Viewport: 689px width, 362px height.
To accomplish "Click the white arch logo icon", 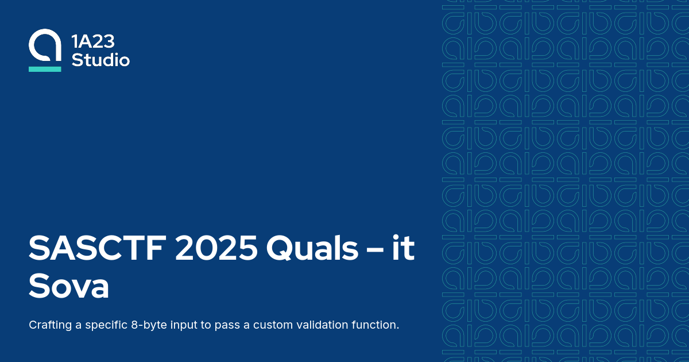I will pyautogui.click(x=45, y=47).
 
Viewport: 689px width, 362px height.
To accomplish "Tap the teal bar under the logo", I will pyautogui.click(x=45, y=69).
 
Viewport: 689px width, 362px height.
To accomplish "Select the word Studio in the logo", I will pyautogui.click(x=100, y=59).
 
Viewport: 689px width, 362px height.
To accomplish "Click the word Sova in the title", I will pyautogui.click(x=69, y=287).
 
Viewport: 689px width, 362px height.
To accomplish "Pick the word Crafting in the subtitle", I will pyautogui.click(x=50, y=325).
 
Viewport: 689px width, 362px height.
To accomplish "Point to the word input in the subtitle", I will pyautogui.click(x=187, y=325).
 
